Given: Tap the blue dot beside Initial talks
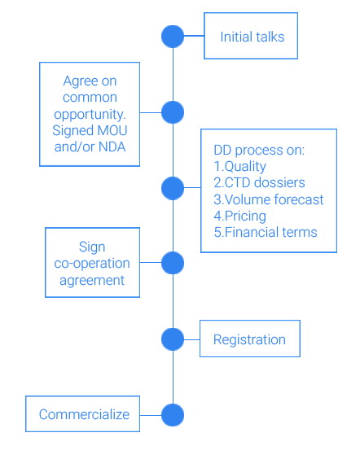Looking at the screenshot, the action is [x=173, y=37].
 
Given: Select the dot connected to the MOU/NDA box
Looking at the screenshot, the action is [x=173, y=112].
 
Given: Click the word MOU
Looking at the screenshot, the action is [x=112, y=130].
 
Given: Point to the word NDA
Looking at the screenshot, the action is [x=112, y=147].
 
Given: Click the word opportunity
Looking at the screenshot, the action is [x=90, y=115].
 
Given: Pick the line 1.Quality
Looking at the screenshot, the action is [x=240, y=167].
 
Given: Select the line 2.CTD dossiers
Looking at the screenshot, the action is [x=259, y=182].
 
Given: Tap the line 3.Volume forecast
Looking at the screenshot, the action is [x=269, y=199].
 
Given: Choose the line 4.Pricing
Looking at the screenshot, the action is [x=240, y=216].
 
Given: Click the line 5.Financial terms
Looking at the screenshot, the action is [x=266, y=233].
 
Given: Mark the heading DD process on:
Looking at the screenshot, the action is [x=259, y=151].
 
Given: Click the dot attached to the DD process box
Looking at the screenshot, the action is [x=173, y=188].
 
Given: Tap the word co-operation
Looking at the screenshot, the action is [x=92, y=264].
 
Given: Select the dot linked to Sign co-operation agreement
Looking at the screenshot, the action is [x=173, y=263].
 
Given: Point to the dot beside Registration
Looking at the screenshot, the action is [x=173, y=339].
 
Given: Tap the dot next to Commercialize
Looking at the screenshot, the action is [x=173, y=415].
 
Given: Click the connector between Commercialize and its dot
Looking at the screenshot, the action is [x=151, y=415].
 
